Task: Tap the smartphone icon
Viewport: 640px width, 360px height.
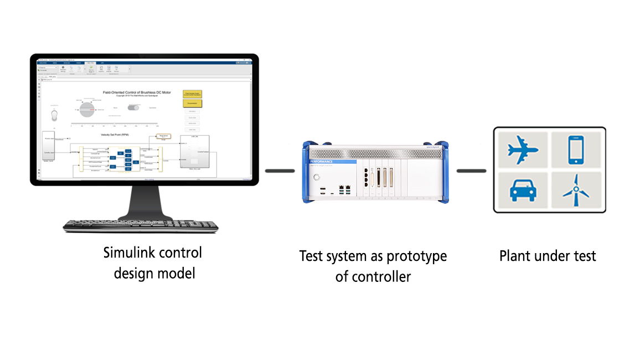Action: coord(576,150)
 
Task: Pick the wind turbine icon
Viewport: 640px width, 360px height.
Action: coord(576,192)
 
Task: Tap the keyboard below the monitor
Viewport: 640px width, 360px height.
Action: coord(140,225)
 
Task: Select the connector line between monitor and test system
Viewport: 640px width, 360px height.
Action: coord(280,171)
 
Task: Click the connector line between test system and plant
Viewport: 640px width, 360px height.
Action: coord(471,171)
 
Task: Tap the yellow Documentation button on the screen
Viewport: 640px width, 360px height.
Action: coord(192,103)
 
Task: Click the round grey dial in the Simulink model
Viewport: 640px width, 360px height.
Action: coord(89,109)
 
